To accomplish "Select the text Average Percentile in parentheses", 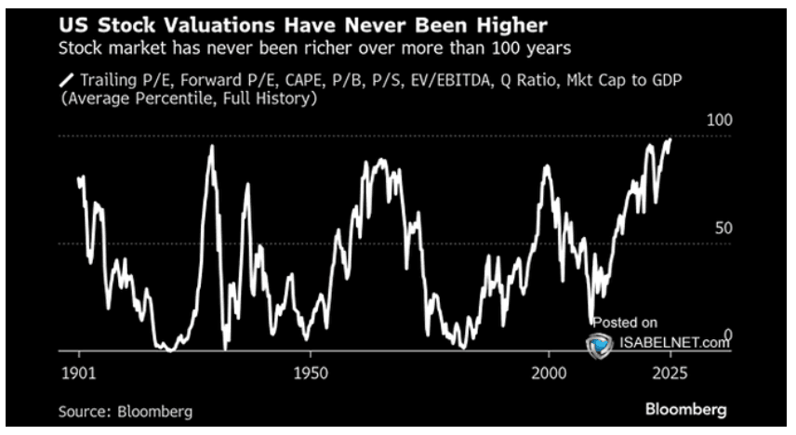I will coord(139,100).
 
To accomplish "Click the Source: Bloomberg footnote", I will coord(118,410).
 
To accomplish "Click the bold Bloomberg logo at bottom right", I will coord(686,409).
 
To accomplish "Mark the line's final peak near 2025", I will coord(670,138).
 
